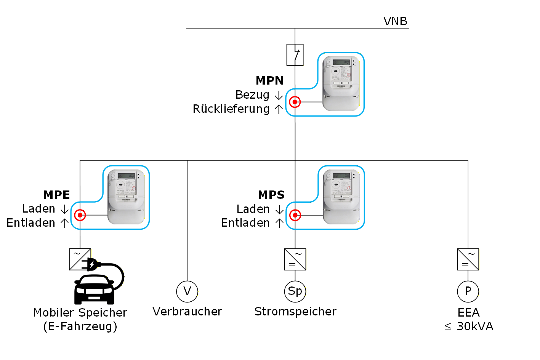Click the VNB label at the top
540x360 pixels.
(395, 21)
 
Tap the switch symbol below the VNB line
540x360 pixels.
(295, 55)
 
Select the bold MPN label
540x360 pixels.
(269, 81)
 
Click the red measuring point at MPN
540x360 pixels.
(295, 102)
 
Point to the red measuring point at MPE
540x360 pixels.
(80, 215)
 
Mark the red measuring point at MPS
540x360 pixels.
(295, 215)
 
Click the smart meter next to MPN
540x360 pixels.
(341, 83)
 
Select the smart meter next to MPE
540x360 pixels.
(126, 197)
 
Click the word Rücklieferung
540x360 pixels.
(231, 109)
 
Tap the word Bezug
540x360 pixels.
(252, 95)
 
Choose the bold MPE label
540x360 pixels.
(57, 195)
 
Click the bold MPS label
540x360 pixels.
(271, 195)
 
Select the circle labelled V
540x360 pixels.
(187, 291)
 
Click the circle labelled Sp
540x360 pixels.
(295, 291)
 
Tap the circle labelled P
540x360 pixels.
(468, 291)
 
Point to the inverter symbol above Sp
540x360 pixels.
(295, 259)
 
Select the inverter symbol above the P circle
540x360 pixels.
(468, 259)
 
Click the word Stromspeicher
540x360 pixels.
(295, 312)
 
